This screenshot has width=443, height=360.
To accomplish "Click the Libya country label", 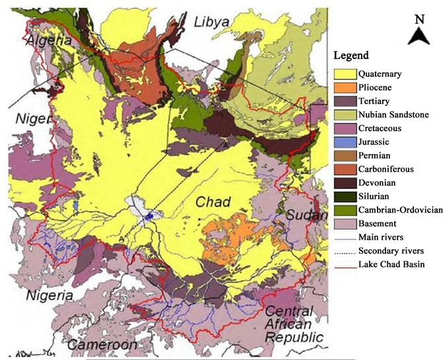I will coord(212,23).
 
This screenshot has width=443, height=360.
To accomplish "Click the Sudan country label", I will coord(306,216).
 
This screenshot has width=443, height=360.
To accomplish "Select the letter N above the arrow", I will coord(419,19).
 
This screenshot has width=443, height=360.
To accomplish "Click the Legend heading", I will coord(350,55).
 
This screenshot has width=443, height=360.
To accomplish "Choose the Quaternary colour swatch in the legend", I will coord(344,73).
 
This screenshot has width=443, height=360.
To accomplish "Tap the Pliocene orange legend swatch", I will coord(344,87).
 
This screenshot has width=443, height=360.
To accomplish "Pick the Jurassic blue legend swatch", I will coord(344,142).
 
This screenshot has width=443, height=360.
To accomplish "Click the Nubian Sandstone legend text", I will coord(394,114).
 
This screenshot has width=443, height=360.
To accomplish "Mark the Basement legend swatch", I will coord(344,224).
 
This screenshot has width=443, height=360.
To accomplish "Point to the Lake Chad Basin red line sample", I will coord(344,265).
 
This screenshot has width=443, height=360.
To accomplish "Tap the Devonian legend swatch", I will coord(344,183).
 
